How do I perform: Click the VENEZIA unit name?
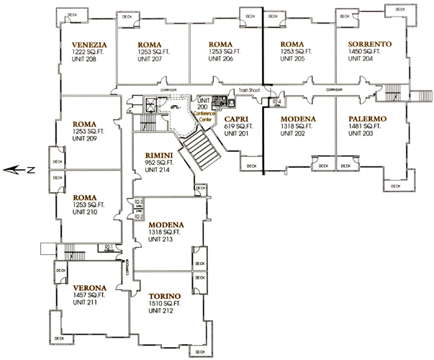pyautogui.click(x=90, y=44)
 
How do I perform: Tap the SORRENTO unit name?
pyautogui.click(x=369, y=44)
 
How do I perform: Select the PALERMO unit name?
pyautogui.click(x=367, y=119)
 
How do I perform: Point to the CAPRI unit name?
pyautogui.click(x=237, y=119)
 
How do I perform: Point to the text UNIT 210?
pyautogui.click(x=84, y=212)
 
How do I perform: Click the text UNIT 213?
pyautogui.click(x=160, y=239)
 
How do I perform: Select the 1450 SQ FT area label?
pyautogui.click(x=365, y=52)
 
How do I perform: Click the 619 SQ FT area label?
pyautogui.click(x=237, y=126)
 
